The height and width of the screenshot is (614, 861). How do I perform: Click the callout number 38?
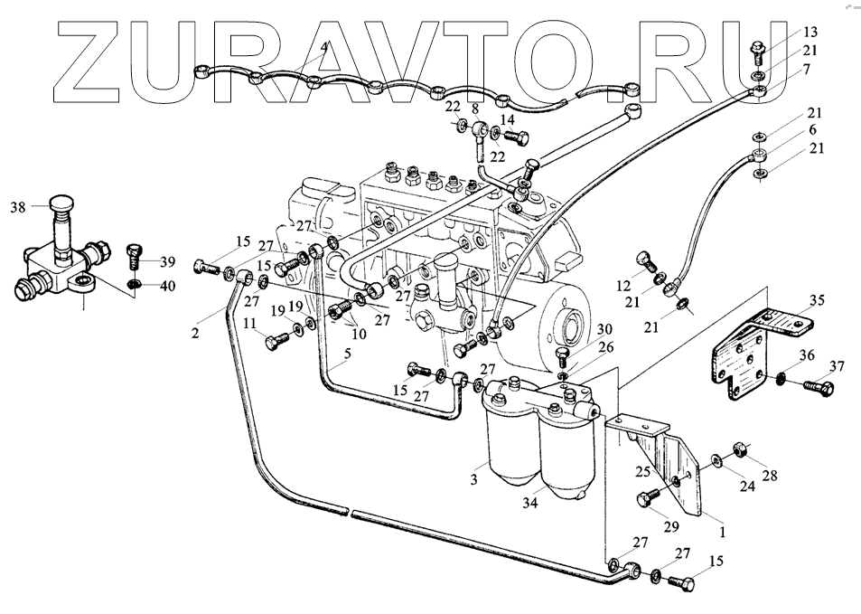tap(18, 207)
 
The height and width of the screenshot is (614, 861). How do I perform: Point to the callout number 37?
tap(838, 366)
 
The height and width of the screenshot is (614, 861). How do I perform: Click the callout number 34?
tap(530, 503)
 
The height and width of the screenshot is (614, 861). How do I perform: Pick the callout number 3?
tap(473, 480)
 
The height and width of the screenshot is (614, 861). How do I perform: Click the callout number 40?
tap(169, 287)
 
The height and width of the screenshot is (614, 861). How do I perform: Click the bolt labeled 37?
tap(819, 388)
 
